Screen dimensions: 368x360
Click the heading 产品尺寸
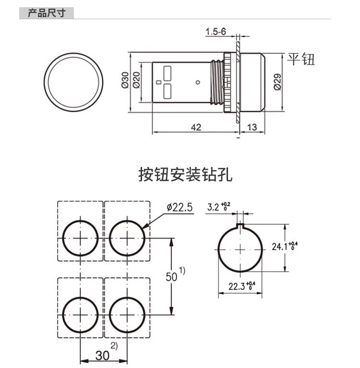coord(46,13)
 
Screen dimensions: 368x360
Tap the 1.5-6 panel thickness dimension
coord(216,32)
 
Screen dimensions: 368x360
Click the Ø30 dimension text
coord(125,81)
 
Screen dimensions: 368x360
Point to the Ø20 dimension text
coord(136,81)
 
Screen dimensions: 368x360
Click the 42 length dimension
coord(195,127)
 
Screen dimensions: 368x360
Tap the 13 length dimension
coord(251,127)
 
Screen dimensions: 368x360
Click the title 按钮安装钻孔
coord(185,175)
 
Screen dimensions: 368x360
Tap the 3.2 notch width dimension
coord(215,207)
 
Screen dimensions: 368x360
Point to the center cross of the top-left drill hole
coord(80,238)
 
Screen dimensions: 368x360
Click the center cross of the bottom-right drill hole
coord(127,315)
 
